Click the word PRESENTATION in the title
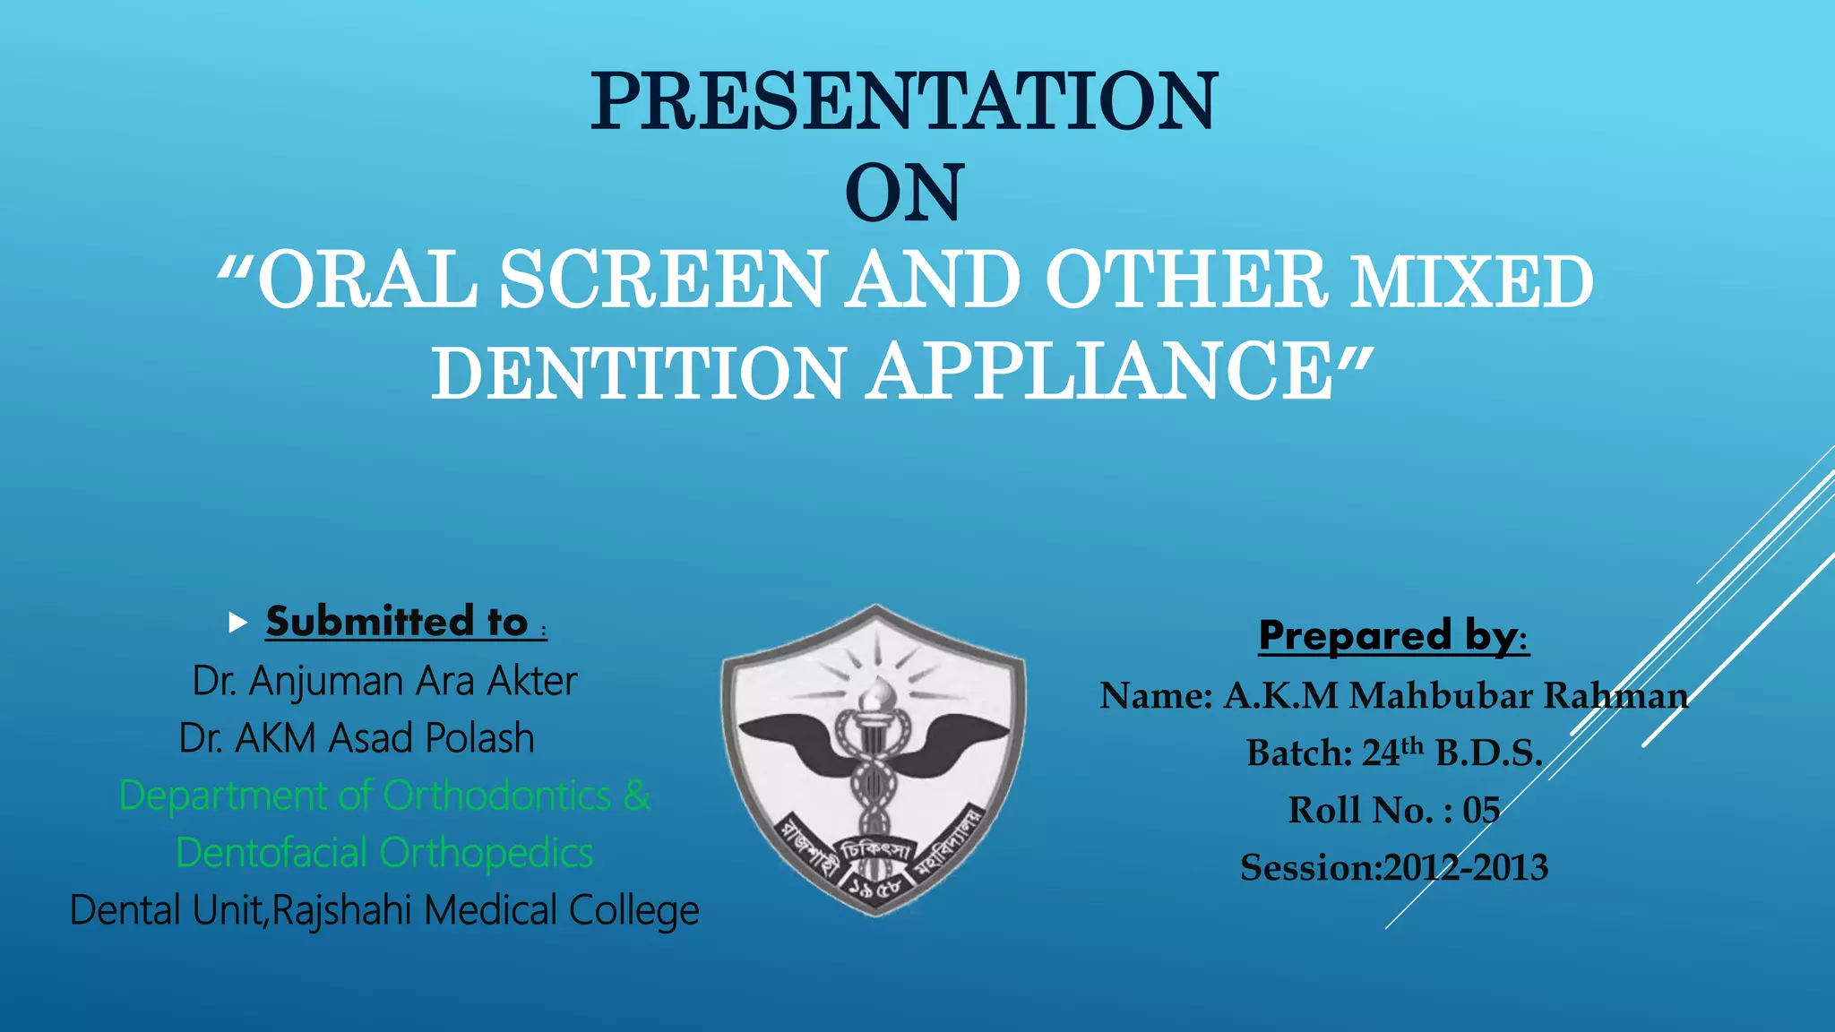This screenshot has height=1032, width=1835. pos(904,101)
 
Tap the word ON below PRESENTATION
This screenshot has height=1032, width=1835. pos(904,193)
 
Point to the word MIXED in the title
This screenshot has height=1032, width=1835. pos(1472,282)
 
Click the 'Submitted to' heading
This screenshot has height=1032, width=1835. pos(397,622)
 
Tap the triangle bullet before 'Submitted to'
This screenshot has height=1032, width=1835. pos(237,623)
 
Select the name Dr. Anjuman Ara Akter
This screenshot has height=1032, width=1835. pos(384,681)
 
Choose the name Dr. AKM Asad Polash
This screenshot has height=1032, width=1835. pos(357,738)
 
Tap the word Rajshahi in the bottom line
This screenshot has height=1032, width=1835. pos(343,910)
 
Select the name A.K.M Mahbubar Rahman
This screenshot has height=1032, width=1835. pos(1456,696)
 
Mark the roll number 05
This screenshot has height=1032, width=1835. pos(1481,811)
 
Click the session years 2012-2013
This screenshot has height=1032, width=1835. pos(1466,868)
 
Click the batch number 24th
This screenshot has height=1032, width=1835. pos(1392,752)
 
